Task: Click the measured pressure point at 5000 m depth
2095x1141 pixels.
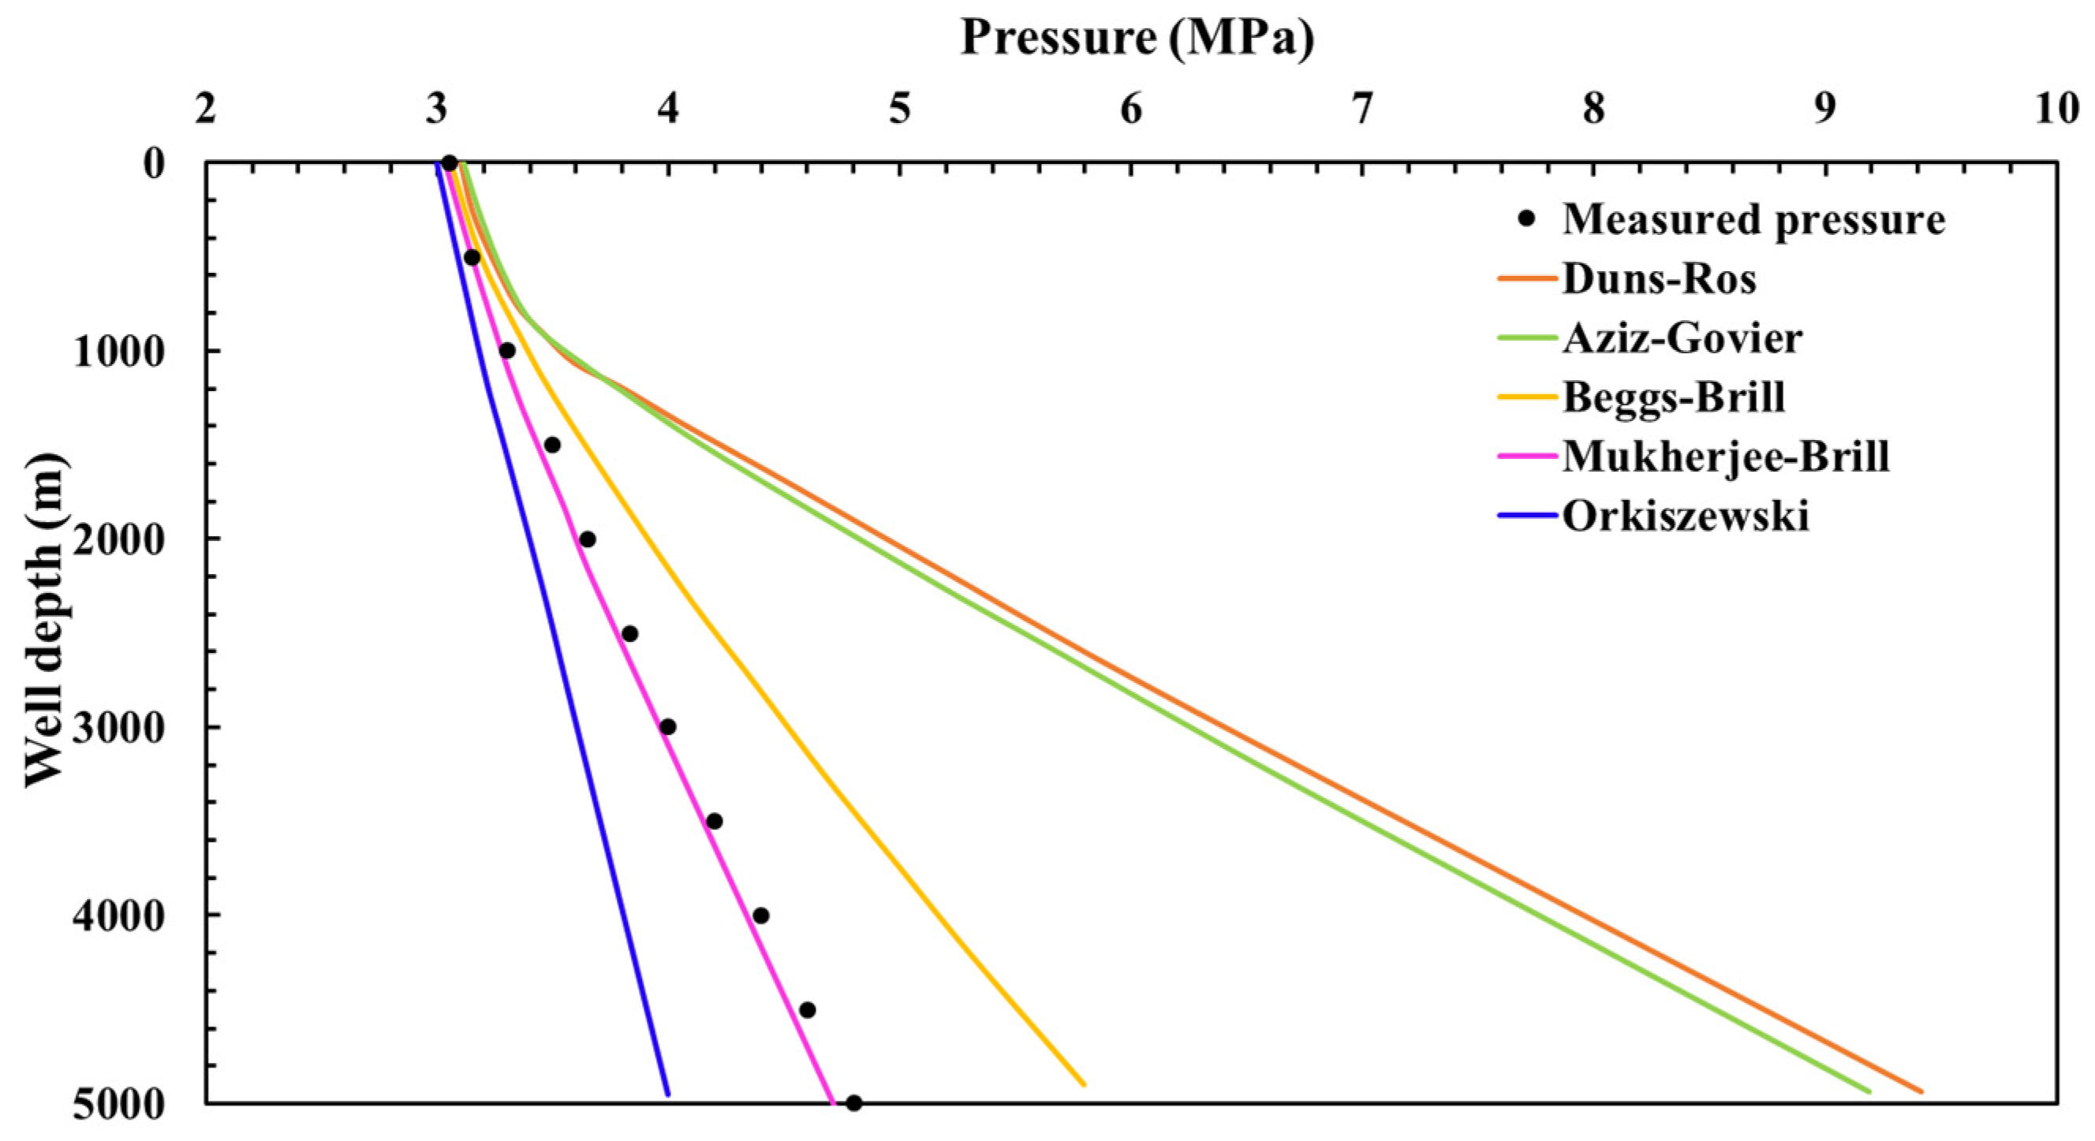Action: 854,1103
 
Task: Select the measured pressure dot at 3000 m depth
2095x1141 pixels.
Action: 667,726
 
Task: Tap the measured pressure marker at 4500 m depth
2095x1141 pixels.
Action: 808,1009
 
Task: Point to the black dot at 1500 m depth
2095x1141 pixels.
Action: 552,445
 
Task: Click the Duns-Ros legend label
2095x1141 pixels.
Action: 1659,279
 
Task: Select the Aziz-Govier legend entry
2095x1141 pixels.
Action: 1682,337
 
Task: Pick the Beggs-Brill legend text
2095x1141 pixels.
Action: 1674,397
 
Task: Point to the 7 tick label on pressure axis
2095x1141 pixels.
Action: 1361,109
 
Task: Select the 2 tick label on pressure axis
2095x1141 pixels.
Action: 206,109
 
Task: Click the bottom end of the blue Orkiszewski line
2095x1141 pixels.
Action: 667,1094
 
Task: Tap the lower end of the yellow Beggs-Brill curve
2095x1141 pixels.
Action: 1084,1083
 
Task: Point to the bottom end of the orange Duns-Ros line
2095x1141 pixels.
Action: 1921,1091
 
